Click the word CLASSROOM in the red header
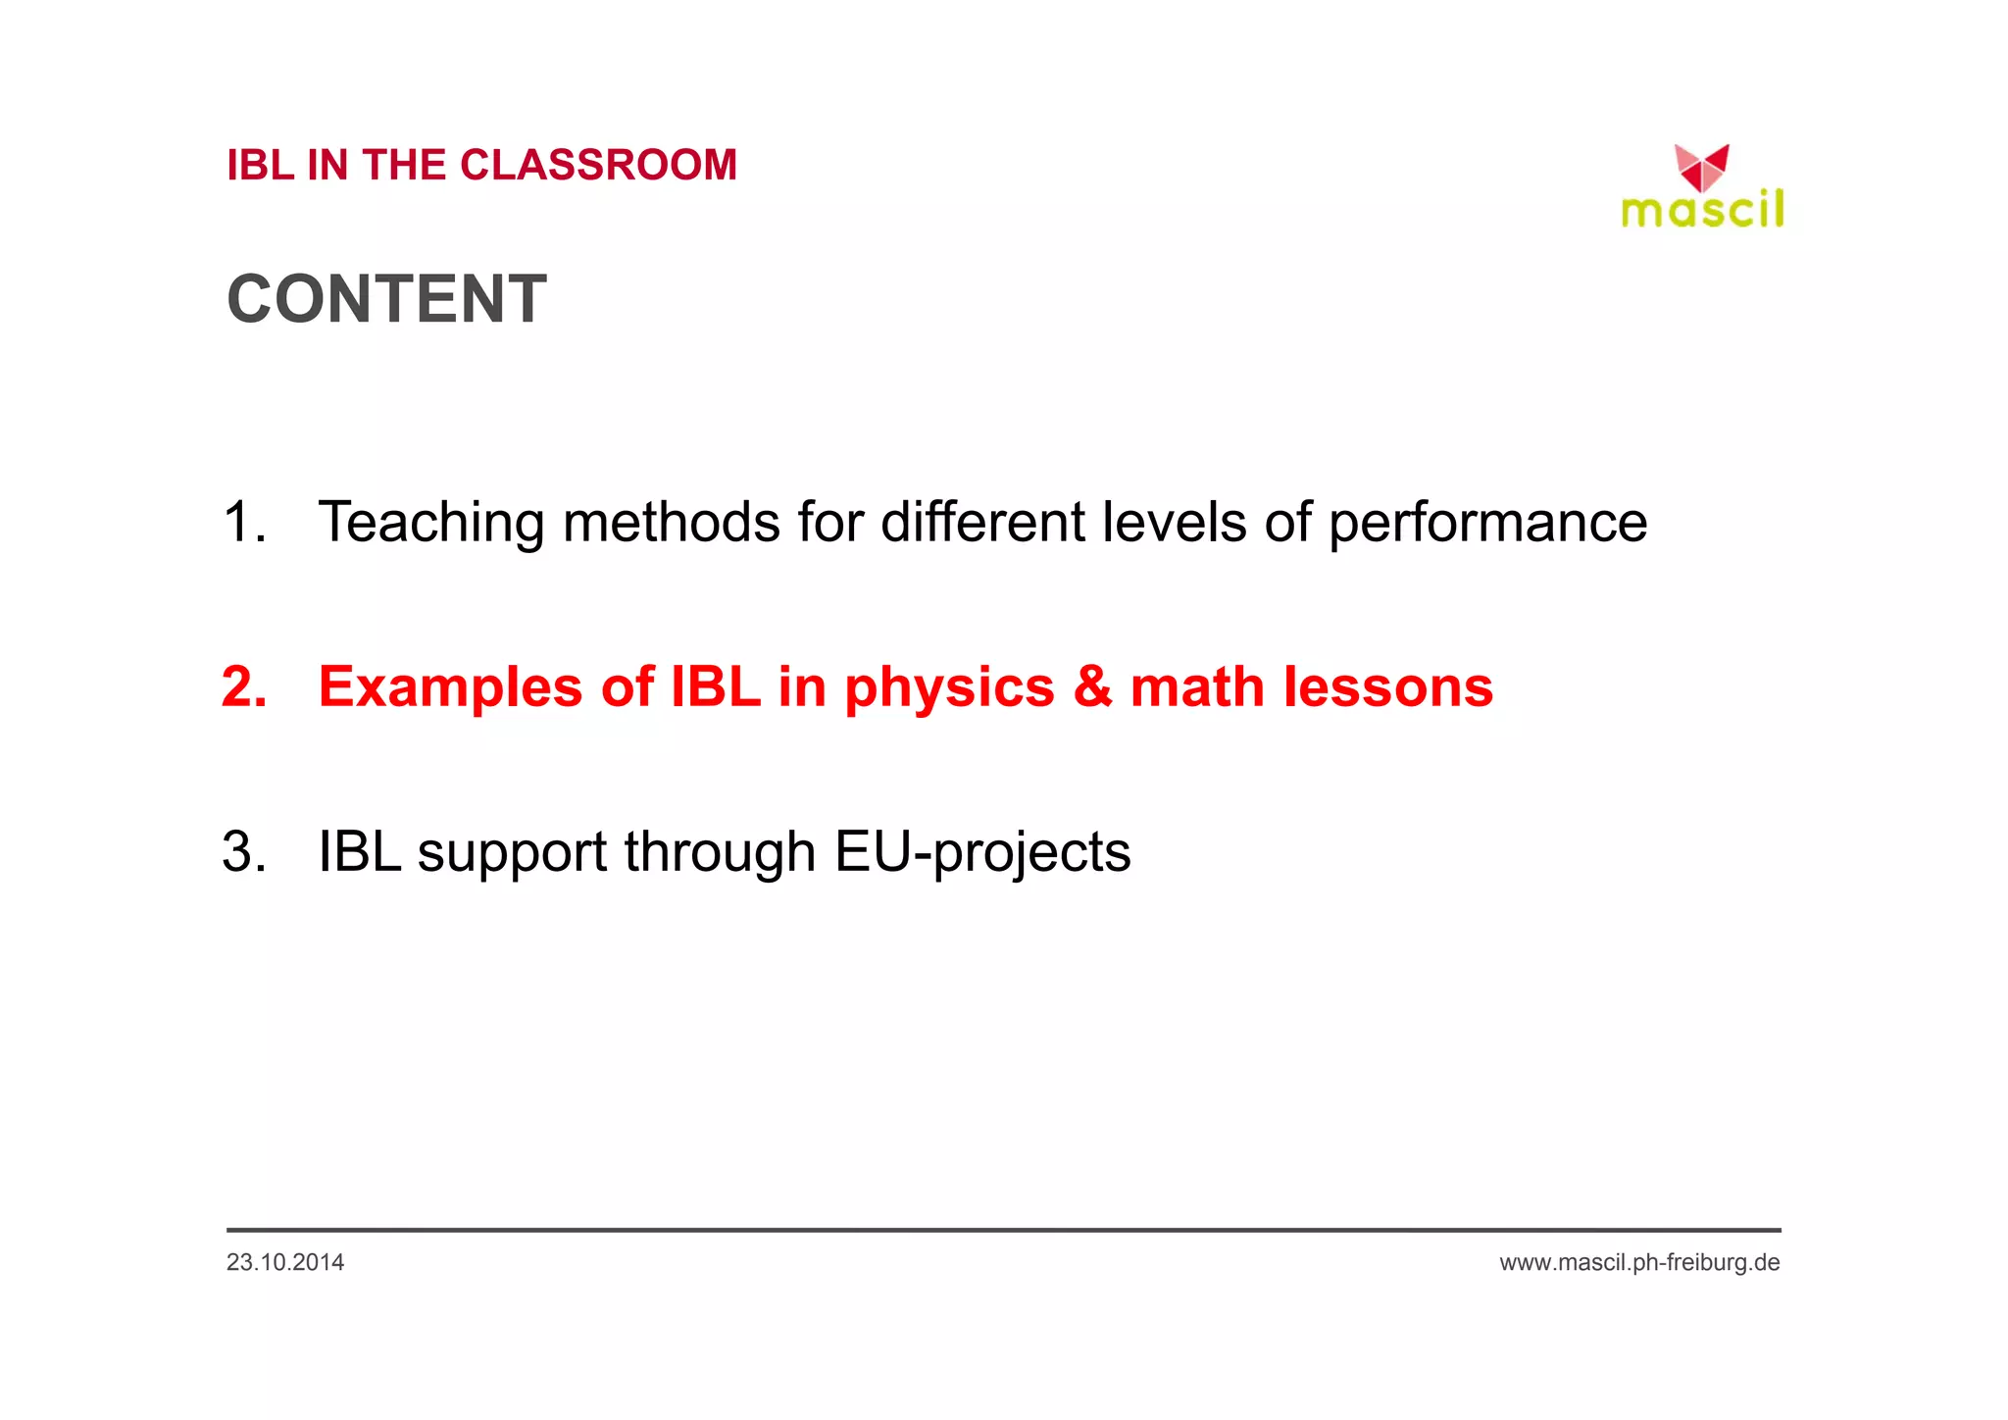coord(598,165)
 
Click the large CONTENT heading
coord(386,299)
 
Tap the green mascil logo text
coord(1702,210)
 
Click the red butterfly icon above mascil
coord(1701,168)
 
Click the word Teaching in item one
coord(430,522)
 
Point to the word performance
coord(1487,522)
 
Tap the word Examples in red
coord(450,686)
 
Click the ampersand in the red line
coord(1092,686)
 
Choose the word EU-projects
coord(982,851)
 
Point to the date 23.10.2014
coord(284,1262)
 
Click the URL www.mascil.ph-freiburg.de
coord(1639,1262)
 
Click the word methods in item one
coord(671,522)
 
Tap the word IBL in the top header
coord(260,165)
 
